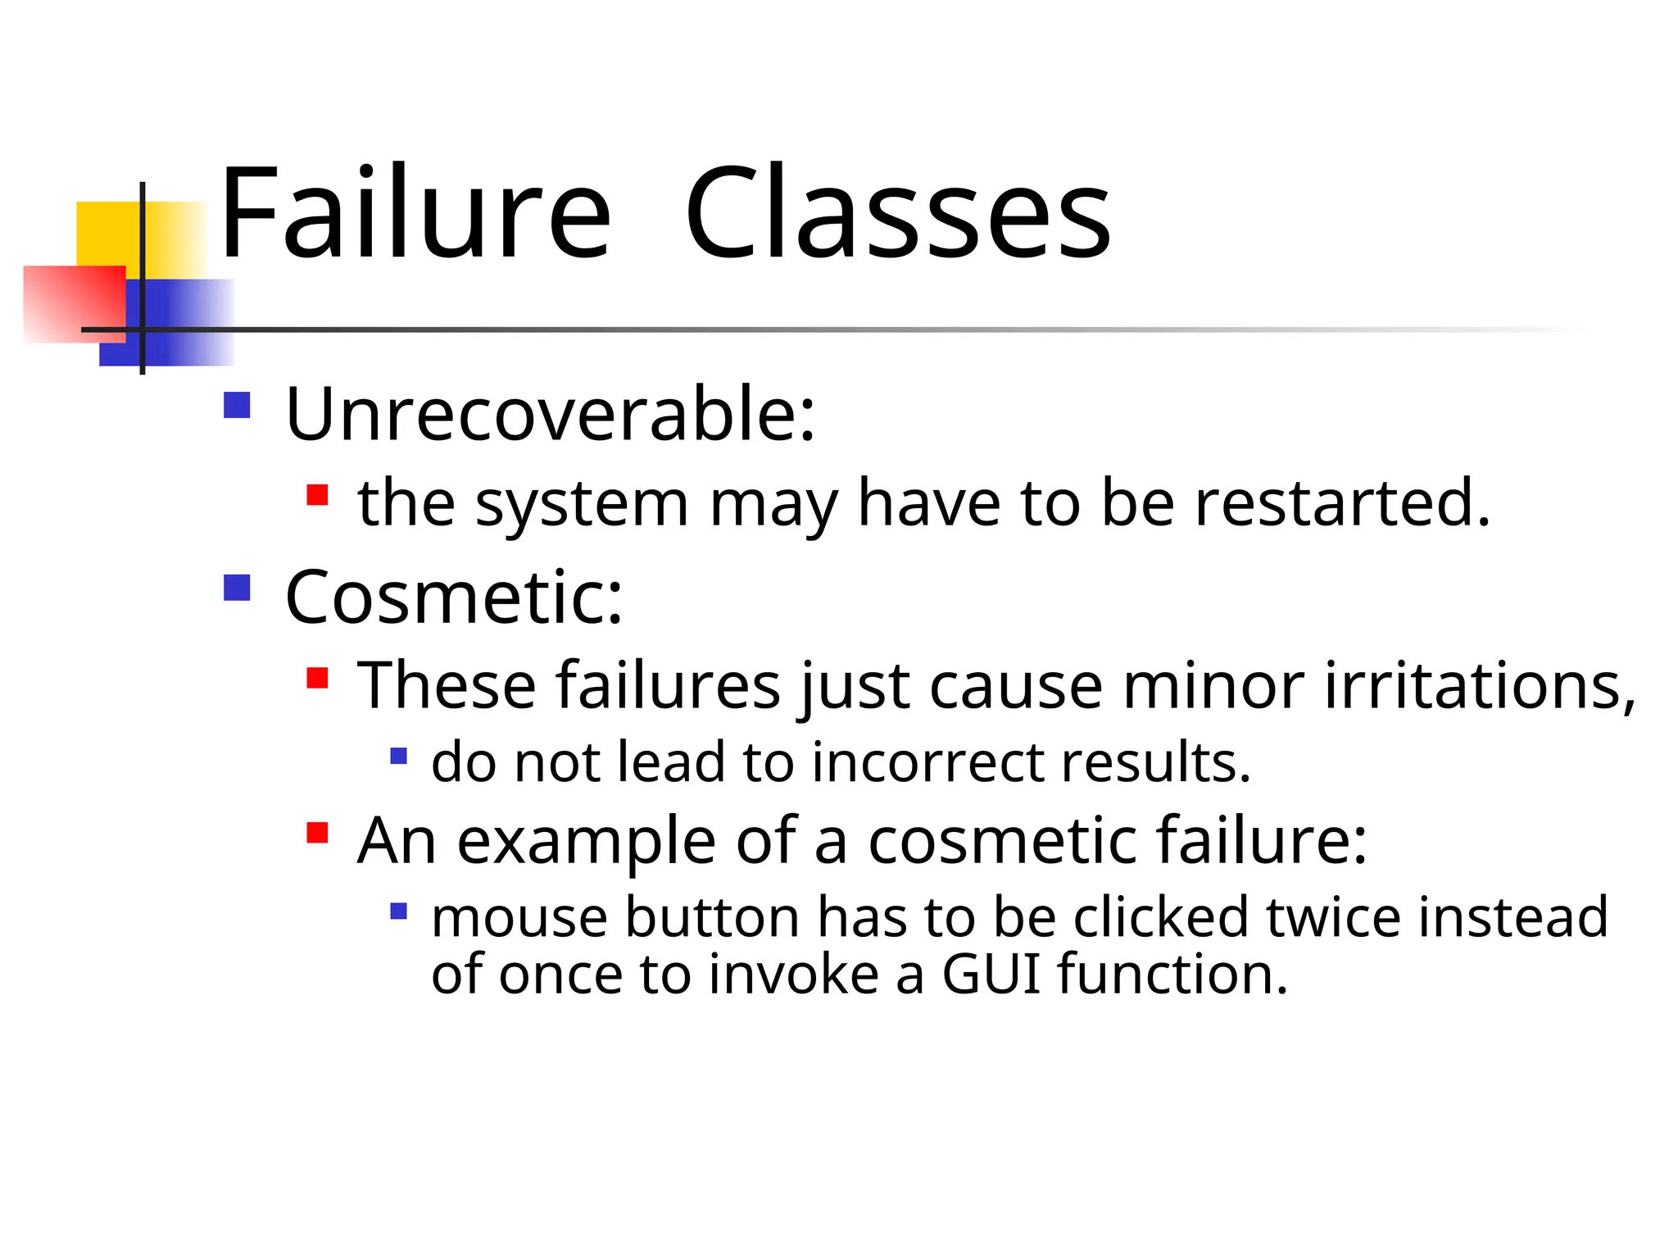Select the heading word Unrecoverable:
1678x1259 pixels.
550,415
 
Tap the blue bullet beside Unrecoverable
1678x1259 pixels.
237,405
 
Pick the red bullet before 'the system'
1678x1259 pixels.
317,495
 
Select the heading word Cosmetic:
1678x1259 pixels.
454,598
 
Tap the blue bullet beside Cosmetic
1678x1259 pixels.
237,588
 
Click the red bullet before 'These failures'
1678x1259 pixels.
317,678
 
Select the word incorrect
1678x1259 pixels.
927,762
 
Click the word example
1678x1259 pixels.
585,842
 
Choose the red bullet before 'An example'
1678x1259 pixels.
317,834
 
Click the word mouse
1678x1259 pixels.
520,917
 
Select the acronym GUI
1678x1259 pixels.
991,975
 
